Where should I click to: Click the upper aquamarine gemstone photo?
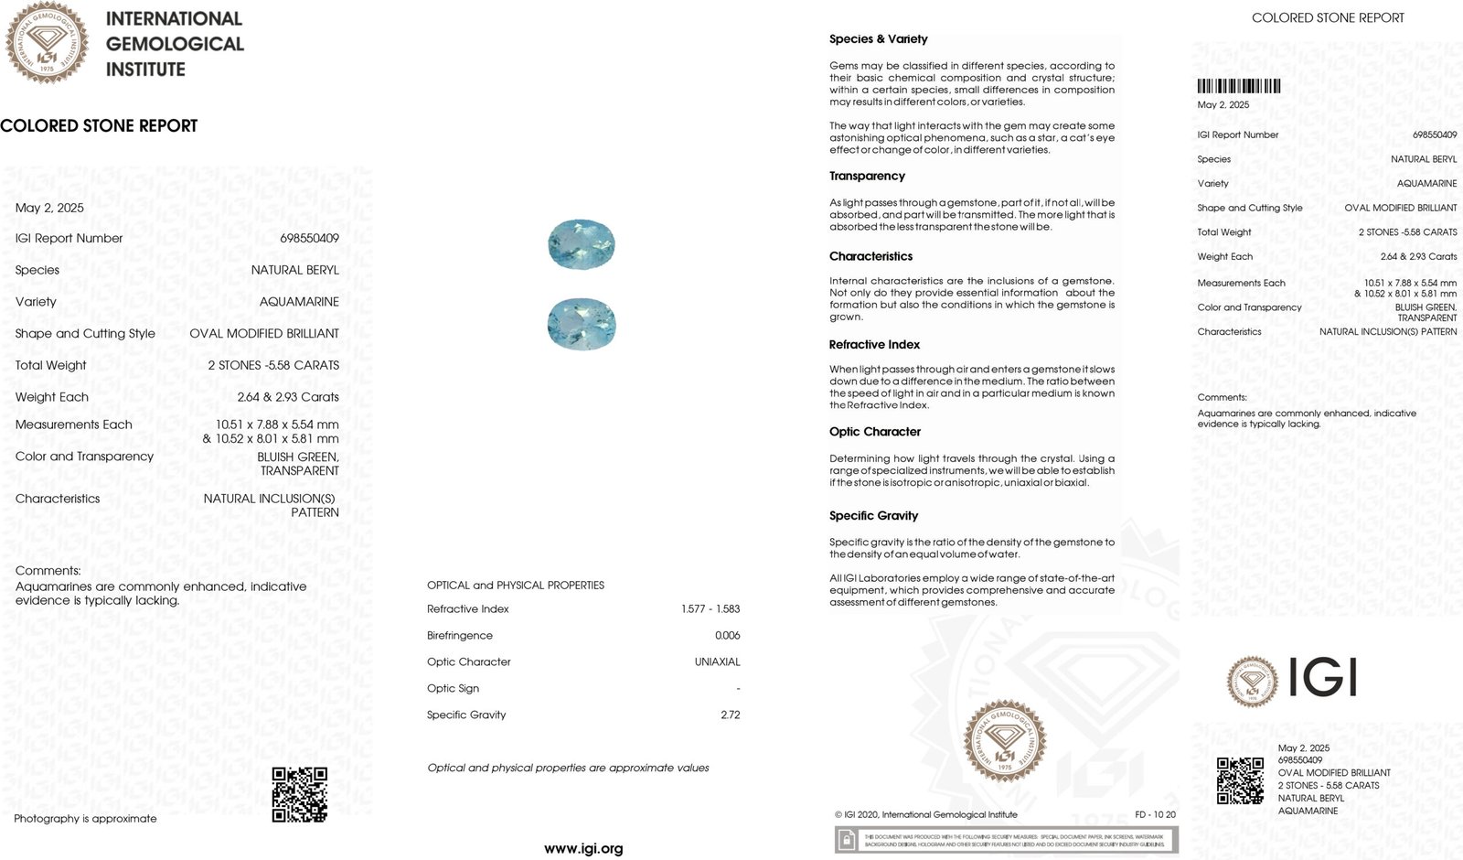click(582, 244)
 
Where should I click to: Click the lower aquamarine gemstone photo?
click(582, 324)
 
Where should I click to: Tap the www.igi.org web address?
click(583, 848)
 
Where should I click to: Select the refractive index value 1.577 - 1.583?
click(710, 608)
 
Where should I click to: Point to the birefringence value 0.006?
click(727, 635)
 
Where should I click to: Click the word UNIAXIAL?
click(717, 661)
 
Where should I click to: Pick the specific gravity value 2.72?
click(730, 715)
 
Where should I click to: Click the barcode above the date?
click(1238, 87)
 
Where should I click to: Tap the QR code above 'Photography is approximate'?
click(299, 794)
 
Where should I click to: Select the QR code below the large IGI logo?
click(1240, 780)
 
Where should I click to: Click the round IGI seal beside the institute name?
click(47, 42)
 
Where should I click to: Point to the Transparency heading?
click(867, 176)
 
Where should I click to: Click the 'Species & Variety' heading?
click(878, 39)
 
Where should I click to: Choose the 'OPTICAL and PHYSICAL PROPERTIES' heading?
click(515, 585)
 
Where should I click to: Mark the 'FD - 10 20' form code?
click(1155, 814)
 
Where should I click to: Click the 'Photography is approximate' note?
click(85, 819)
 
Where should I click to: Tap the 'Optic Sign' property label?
click(453, 688)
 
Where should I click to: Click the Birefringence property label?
click(459, 635)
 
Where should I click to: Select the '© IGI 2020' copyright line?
click(925, 814)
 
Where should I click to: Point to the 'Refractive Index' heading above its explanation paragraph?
click(874, 345)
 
